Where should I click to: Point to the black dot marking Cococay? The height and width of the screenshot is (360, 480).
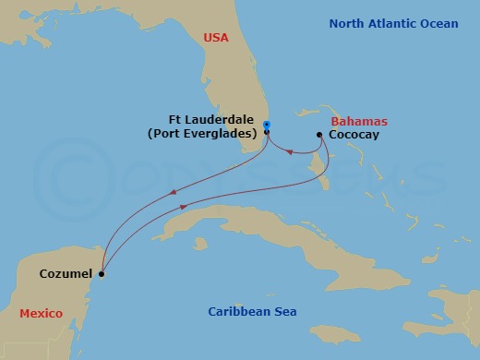(319, 136)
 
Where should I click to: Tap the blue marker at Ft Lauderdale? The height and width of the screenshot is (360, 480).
(266, 125)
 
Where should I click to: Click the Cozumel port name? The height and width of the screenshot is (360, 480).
(66, 274)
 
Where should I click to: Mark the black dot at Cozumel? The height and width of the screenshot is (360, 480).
(102, 273)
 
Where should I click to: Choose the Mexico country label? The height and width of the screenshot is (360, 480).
(41, 314)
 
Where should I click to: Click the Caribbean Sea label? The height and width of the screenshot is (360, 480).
(252, 312)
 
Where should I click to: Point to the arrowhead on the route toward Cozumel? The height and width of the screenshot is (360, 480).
(173, 192)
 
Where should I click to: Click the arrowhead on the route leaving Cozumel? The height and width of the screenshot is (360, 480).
(185, 206)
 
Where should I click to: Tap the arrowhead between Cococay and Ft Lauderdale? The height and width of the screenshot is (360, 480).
(290, 152)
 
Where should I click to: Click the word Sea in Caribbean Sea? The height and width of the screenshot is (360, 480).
(283, 312)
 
